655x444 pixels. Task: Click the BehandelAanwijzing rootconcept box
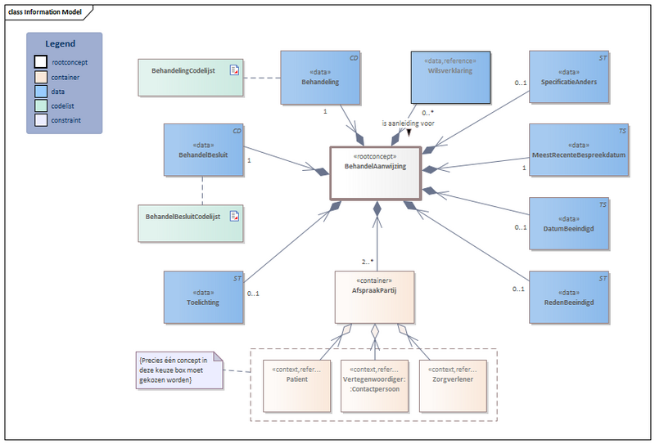(x=375, y=173)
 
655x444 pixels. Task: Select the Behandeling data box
(x=320, y=78)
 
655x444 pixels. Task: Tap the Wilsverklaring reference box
(x=449, y=77)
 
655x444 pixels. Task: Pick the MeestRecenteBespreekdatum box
(x=579, y=150)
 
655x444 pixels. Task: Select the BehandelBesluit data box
(x=204, y=150)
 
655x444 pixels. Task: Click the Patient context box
(x=296, y=385)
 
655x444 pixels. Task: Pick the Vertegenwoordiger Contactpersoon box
(x=374, y=385)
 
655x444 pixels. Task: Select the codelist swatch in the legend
(x=40, y=104)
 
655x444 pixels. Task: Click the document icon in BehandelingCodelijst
(x=234, y=71)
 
